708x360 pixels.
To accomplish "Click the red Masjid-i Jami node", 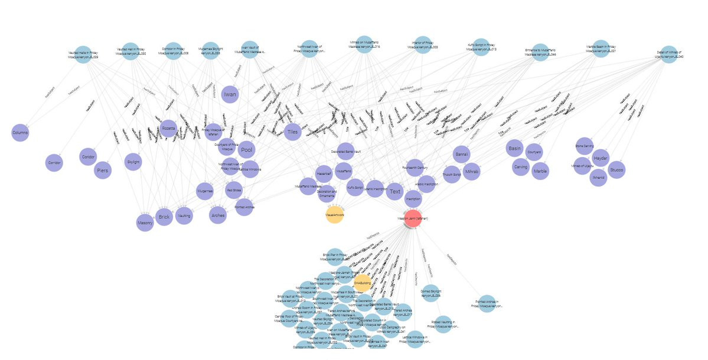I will [413, 218].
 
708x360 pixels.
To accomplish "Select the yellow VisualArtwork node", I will [335, 215].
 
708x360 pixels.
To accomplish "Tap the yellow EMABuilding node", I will [362, 283].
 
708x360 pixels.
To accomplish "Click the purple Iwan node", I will [230, 94].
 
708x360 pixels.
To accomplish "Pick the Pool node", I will [247, 150].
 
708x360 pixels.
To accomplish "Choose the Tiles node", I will [292, 132].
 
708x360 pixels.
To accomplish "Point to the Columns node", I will [20, 133].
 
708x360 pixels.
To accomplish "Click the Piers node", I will [102, 170].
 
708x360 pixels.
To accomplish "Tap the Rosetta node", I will [169, 128].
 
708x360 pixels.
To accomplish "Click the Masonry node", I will [145, 222].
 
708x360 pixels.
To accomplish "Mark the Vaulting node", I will [184, 216].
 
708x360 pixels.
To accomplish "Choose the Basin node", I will [515, 149].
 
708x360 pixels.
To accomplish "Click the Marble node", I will [540, 171].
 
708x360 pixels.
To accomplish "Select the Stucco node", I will [616, 170].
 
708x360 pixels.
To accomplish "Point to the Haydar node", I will [601, 158].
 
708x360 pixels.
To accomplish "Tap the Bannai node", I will [461, 155].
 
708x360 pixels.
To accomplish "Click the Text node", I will [395, 191].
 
